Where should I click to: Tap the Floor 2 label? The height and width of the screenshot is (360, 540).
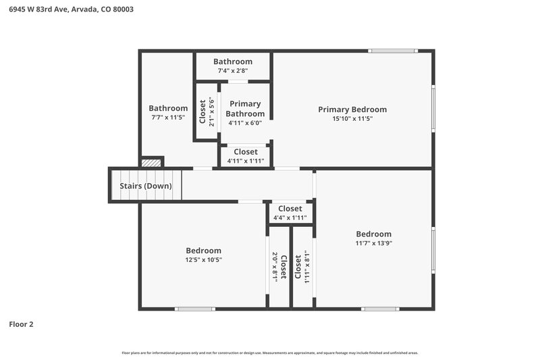[x=21, y=324]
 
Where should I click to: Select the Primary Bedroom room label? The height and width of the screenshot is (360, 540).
[x=352, y=109]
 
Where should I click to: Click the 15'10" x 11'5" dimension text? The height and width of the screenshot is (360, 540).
[x=352, y=119]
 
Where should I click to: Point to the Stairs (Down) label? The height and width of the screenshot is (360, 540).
[x=146, y=186]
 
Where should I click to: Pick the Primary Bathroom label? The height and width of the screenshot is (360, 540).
[x=244, y=109]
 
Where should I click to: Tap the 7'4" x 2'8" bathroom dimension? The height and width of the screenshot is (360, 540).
[x=233, y=71]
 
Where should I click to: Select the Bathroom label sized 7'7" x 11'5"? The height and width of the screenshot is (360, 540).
[x=168, y=108]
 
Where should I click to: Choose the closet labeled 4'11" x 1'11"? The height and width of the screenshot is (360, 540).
[x=244, y=157]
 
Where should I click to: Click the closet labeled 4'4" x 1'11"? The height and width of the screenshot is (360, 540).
[x=290, y=213]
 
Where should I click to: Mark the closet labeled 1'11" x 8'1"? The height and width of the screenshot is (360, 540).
[x=302, y=267]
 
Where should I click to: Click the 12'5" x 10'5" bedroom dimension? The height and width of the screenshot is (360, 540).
[x=203, y=260]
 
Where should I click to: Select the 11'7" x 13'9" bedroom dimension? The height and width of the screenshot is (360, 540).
[x=373, y=243]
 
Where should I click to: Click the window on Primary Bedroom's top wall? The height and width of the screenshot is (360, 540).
[x=393, y=51]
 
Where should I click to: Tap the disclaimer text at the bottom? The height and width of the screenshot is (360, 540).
[x=270, y=353]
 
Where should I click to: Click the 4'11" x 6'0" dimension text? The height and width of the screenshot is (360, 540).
[x=244, y=123]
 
